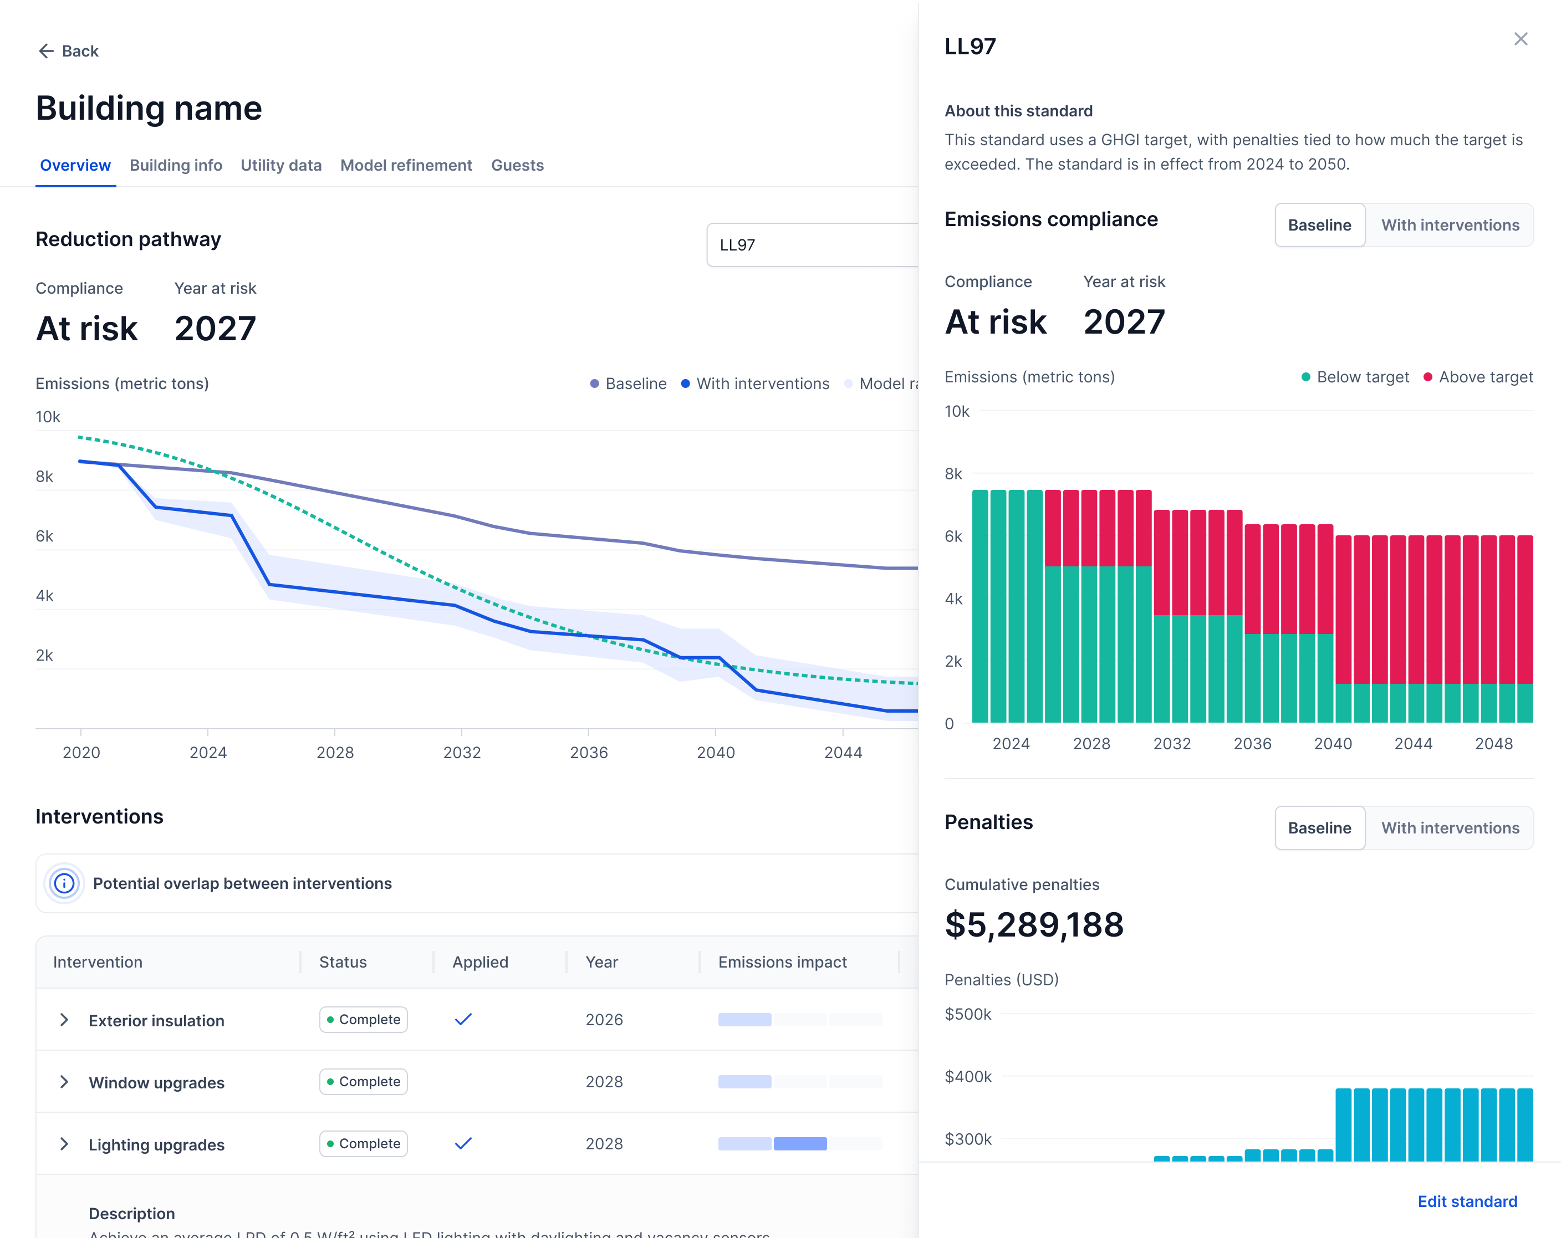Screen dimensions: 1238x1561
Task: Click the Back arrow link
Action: (68, 50)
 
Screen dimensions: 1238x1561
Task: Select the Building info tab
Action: (176, 165)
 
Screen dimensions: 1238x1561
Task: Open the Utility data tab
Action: (281, 165)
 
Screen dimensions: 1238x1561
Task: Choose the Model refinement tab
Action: (406, 165)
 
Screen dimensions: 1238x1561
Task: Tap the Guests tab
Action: (517, 165)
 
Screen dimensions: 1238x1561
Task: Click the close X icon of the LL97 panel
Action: (1521, 39)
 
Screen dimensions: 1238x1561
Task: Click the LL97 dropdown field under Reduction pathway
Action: (811, 245)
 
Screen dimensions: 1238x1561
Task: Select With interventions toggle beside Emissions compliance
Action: (1450, 225)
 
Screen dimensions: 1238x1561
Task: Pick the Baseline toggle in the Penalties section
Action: (1319, 827)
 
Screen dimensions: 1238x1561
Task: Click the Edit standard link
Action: (1467, 1201)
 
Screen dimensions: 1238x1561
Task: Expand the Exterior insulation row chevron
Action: (64, 1020)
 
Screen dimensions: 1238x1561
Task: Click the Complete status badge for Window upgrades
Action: (364, 1082)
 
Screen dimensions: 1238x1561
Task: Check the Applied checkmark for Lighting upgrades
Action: (463, 1143)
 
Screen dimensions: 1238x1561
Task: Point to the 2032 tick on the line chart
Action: (462, 752)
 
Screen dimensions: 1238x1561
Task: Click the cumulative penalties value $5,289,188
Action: (1034, 924)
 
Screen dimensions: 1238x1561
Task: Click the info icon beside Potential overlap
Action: (64, 883)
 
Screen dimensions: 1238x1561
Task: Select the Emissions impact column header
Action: (782, 962)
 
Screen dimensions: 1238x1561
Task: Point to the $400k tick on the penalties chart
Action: (968, 1077)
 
